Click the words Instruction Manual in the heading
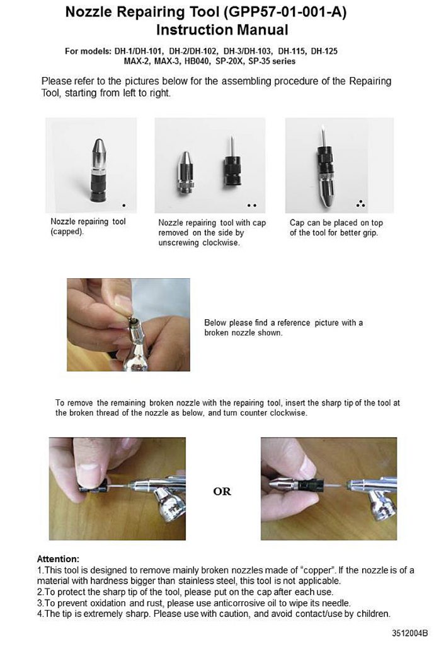(x=222, y=30)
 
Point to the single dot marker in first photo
(x=124, y=205)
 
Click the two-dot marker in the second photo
(x=252, y=205)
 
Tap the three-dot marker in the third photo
(x=360, y=203)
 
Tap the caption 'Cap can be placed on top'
(x=336, y=223)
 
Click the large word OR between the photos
(x=222, y=491)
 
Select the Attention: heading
(x=59, y=559)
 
